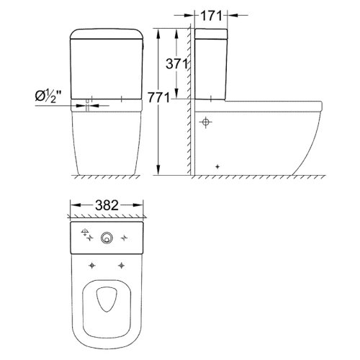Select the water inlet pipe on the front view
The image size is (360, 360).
click(88, 104)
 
